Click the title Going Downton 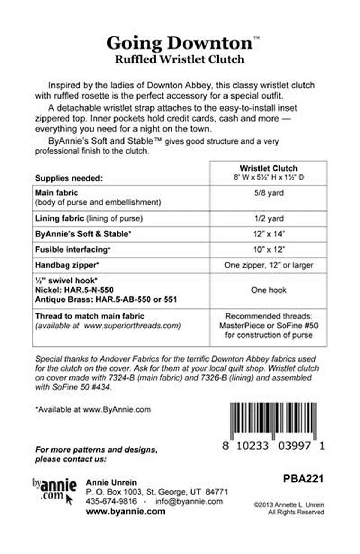[179, 43]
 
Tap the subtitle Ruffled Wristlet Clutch [179, 59]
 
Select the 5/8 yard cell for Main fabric [269, 193]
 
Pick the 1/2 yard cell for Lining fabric [269, 218]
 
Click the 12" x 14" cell [269, 234]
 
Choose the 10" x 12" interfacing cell [269, 249]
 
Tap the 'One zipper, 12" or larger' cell [269, 265]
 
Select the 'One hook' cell [269, 290]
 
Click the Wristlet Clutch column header [269, 168]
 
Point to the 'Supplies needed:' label [69, 178]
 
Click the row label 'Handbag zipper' [67, 265]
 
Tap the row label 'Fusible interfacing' [72, 249]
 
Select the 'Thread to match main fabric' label [90, 316]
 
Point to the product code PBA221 [303, 478]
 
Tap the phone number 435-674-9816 [111, 501]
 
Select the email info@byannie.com [189, 501]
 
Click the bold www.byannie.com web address [125, 511]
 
